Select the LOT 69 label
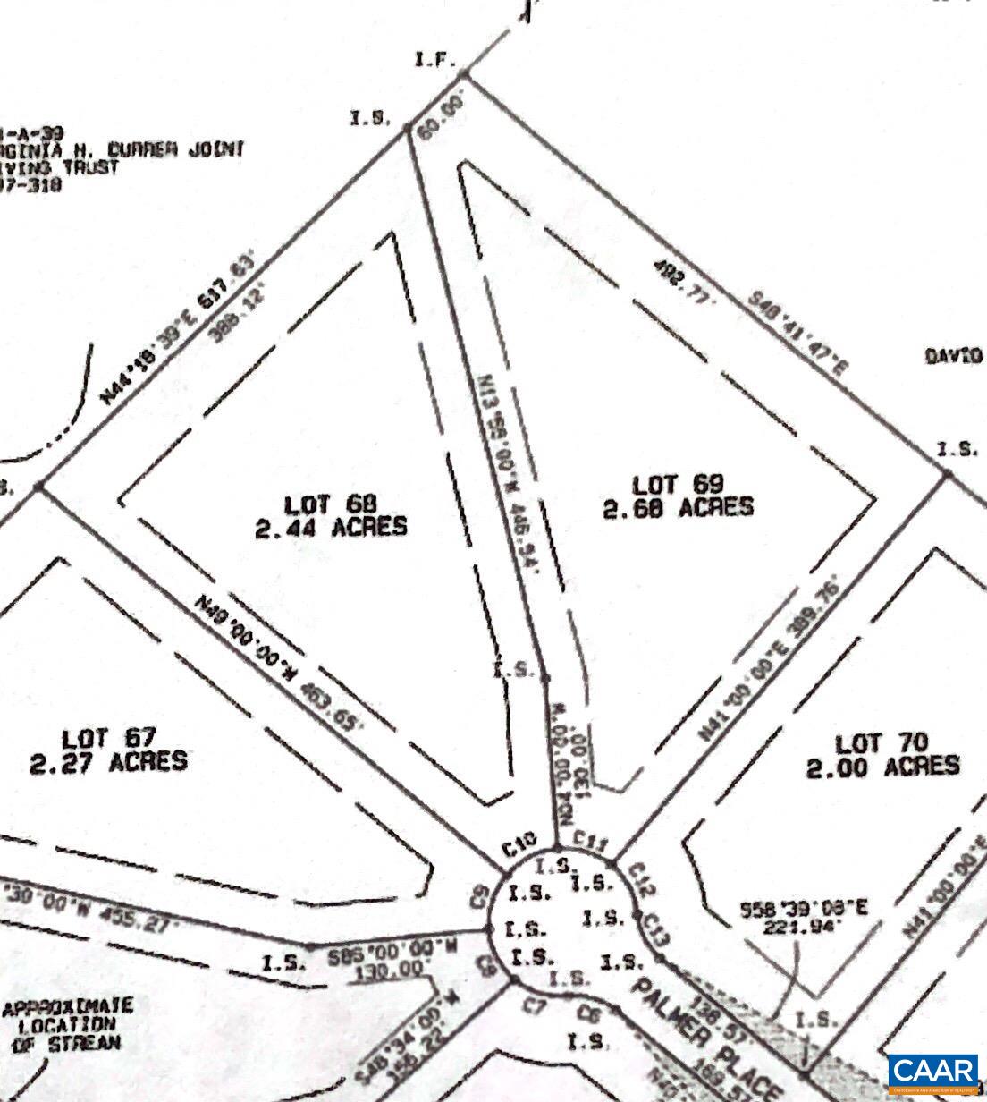point(678,484)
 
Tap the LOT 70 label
point(882,743)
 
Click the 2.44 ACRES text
point(331,526)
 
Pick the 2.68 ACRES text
point(678,507)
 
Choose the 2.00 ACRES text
point(882,767)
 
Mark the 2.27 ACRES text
point(108,761)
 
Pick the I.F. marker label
point(435,61)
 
